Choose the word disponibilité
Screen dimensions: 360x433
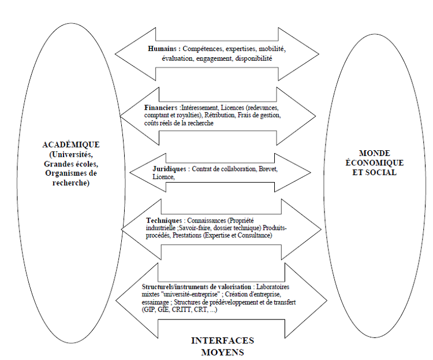(253, 58)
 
